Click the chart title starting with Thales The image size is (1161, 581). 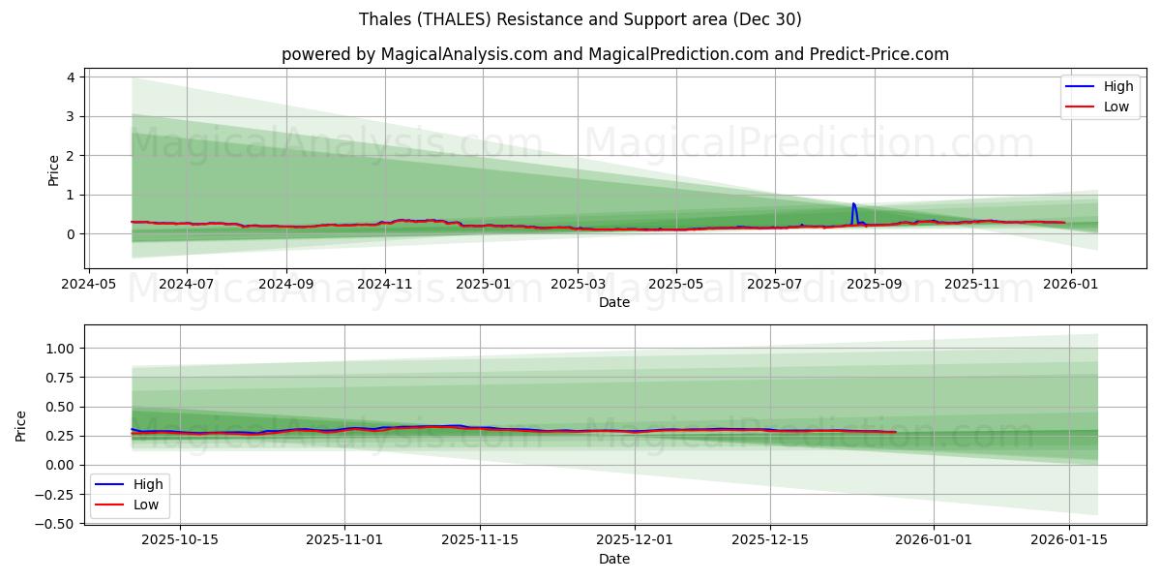pyautogui.click(x=580, y=19)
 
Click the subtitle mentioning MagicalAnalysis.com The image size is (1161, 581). pyautogui.click(x=614, y=54)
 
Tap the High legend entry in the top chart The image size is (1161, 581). pyautogui.click(x=1117, y=86)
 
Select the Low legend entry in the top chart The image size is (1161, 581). pyautogui.click(x=1116, y=107)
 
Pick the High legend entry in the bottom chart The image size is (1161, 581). pyautogui.click(x=147, y=484)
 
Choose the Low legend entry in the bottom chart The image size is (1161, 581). pyautogui.click(x=145, y=505)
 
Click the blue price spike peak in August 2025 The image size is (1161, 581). pyautogui.click(x=853, y=204)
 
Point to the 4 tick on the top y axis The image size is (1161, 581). pyautogui.click(x=72, y=77)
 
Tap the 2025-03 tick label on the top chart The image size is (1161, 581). pyautogui.click(x=578, y=285)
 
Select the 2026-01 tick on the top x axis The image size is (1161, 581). pyautogui.click(x=1069, y=285)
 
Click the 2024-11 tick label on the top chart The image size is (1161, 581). pyautogui.click(x=385, y=285)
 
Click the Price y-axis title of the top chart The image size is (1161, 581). pyautogui.click(x=54, y=169)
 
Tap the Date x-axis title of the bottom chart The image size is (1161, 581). pyautogui.click(x=614, y=559)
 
